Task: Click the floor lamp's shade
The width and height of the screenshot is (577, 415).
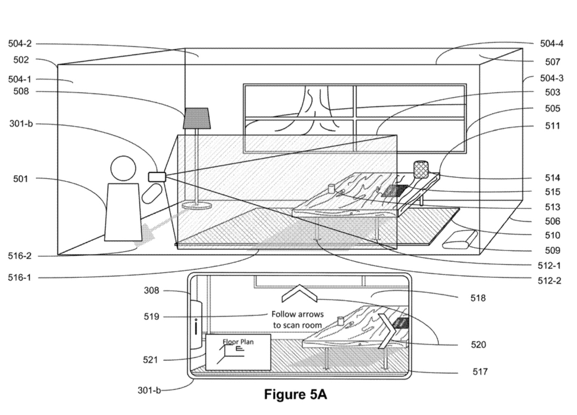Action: pyautogui.click(x=197, y=118)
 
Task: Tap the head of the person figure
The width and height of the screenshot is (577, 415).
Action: pyautogui.click(x=123, y=168)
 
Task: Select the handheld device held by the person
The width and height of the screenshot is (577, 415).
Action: pyautogui.click(x=157, y=177)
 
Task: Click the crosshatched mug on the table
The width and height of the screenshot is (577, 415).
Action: pyautogui.click(x=421, y=169)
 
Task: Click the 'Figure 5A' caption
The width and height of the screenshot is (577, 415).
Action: pyautogui.click(x=295, y=394)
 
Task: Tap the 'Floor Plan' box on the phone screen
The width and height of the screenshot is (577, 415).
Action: pyautogui.click(x=238, y=352)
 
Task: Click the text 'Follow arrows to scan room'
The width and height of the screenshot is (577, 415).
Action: pyautogui.click(x=297, y=320)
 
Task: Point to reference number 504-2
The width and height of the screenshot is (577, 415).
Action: pyautogui.click(x=20, y=44)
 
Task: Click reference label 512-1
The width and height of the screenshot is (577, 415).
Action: pyautogui.click(x=549, y=266)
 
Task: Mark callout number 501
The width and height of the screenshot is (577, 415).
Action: pyautogui.click(x=20, y=179)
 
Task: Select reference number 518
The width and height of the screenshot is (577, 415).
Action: pyautogui.click(x=478, y=298)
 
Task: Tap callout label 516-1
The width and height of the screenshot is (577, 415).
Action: pyautogui.click(x=20, y=278)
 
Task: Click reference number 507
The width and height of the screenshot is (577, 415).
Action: pyautogui.click(x=552, y=62)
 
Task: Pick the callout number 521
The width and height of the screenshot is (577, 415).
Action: pyautogui.click(x=150, y=360)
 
